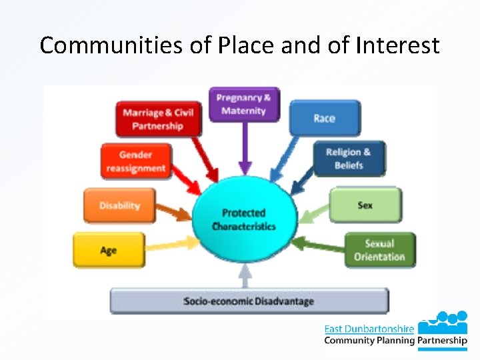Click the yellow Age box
click(x=109, y=250)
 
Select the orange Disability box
click(x=119, y=205)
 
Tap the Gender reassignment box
click(x=135, y=161)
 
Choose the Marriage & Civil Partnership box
click(x=158, y=119)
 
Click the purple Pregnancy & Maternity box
click(x=245, y=105)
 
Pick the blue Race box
click(x=325, y=118)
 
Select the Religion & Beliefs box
click(x=349, y=159)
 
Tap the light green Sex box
click(x=365, y=205)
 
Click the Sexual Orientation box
click(x=379, y=250)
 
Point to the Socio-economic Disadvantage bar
click(x=249, y=301)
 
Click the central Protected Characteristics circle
click(x=244, y=219)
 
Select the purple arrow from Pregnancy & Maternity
click(x=245, y=150)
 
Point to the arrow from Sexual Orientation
click(x=319, y=246)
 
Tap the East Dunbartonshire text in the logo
click(x=369, y=328)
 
